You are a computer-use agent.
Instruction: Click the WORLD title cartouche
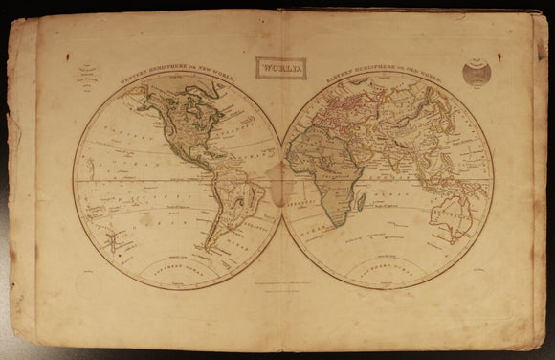pyautogui.click(x=280, y=68)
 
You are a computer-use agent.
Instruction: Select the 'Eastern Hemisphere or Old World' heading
pyautogui.click(x=388, y=77)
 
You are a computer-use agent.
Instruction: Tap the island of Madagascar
pyautogui.click(x=360, y=202)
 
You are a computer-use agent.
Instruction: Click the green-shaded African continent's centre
pyautogui.click(x=322, y=172)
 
